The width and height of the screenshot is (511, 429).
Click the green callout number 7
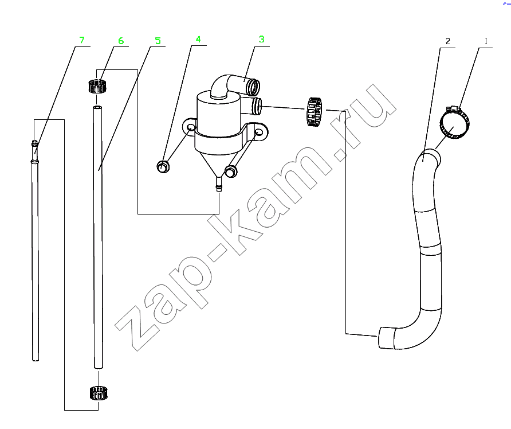pyautogui.click(x=82, y=40)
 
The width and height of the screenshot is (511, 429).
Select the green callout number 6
pyautogui.click(x=121, y=41)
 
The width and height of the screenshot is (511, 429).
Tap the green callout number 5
pyautogui.click(x=158, y=41)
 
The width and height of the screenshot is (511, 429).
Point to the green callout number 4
pyautogui.click(x=198, y=40)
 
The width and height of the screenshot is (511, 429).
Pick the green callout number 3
pyautogui.click(x=261, y=40)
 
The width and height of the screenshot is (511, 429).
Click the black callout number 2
pyautogui.click(x=448, y=41)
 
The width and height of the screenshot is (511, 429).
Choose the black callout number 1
pyautogui.click(x=486, y=41)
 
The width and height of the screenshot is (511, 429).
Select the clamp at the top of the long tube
pyautogui.click(x=98, y=86)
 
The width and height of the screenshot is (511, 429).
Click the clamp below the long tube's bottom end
pyautogui.click(x=98, y=393)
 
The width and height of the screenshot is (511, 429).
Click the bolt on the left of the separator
pyautogui.click(x=163, y=167)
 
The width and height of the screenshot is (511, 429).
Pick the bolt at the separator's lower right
pyautogui.click(x=231, y=171)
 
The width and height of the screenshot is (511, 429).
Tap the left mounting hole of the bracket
pyautogui.click(x=190, y=127)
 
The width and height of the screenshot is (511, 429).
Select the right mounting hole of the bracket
pyautogui.click(x=258, y=132)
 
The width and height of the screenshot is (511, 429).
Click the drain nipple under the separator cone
pyautogui.click(x=219, y=184)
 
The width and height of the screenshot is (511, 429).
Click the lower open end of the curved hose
pyautogui.click(x=384, y=338)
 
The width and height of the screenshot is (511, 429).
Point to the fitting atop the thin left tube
pyautogui.click(x=35, y=143)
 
